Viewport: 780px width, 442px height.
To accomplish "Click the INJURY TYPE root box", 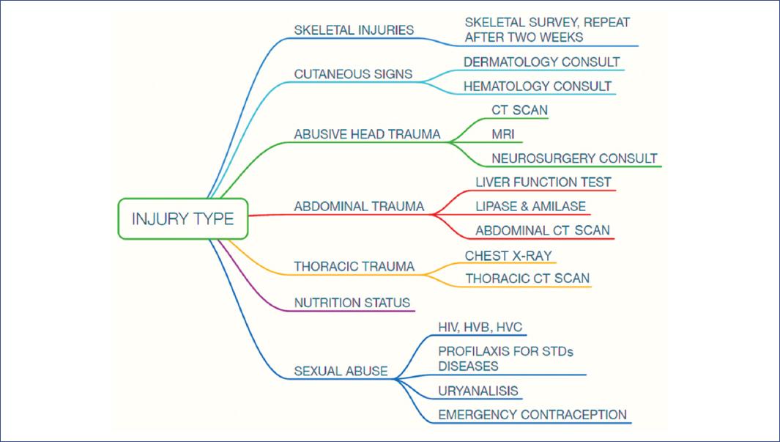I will tap(183, 218).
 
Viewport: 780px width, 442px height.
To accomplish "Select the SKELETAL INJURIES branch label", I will tap(354, 31).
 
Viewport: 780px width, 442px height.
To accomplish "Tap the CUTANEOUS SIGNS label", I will tap(353, 74).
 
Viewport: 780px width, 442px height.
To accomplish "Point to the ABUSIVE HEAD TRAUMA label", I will tap(367, 134).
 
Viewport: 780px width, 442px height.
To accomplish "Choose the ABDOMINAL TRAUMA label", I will tap(359, 207).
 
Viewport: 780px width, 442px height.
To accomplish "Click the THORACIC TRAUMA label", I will tap(354, 267).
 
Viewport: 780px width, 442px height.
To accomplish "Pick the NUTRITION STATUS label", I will tap(352, 303).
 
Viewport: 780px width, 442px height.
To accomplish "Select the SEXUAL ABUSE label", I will tap(341, 371).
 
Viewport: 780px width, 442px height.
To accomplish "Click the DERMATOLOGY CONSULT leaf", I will tap(541, 62).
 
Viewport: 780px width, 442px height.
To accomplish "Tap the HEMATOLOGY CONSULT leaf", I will tap(537, 86).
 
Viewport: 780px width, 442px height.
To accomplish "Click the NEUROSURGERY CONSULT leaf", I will tap(574, 158).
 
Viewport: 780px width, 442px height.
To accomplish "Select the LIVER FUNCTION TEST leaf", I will tap(543, 183).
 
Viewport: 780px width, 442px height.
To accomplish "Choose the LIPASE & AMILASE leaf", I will tap(530, 207).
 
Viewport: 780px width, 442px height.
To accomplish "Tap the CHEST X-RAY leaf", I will tap(508, 256).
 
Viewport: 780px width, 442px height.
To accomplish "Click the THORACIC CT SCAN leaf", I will tap(527, 279).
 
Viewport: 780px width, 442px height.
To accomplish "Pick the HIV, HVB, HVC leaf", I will tap(480, 327).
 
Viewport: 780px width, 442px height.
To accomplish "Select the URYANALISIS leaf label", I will tap(478, 391).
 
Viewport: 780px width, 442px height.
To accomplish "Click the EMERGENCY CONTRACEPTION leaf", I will tap(532, 415).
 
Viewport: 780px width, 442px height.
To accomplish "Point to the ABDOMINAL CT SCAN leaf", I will tap(542, 231).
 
